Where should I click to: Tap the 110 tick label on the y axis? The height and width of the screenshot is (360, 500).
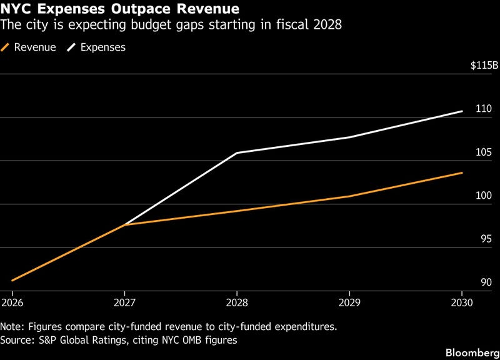[484, 109]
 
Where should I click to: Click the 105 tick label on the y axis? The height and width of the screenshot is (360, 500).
[484, 152]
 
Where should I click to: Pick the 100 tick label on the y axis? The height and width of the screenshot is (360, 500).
[484, 196]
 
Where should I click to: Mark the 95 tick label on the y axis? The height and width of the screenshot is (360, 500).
[487, 239]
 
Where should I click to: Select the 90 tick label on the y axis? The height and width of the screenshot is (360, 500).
[487, 282]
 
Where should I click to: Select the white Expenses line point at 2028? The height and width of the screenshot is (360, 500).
[237, 152]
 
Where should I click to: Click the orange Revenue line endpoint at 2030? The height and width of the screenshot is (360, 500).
[462, 172]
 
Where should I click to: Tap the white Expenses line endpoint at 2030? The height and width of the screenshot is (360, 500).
[462, 111]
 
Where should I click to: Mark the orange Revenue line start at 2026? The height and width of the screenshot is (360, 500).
[12, 281]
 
